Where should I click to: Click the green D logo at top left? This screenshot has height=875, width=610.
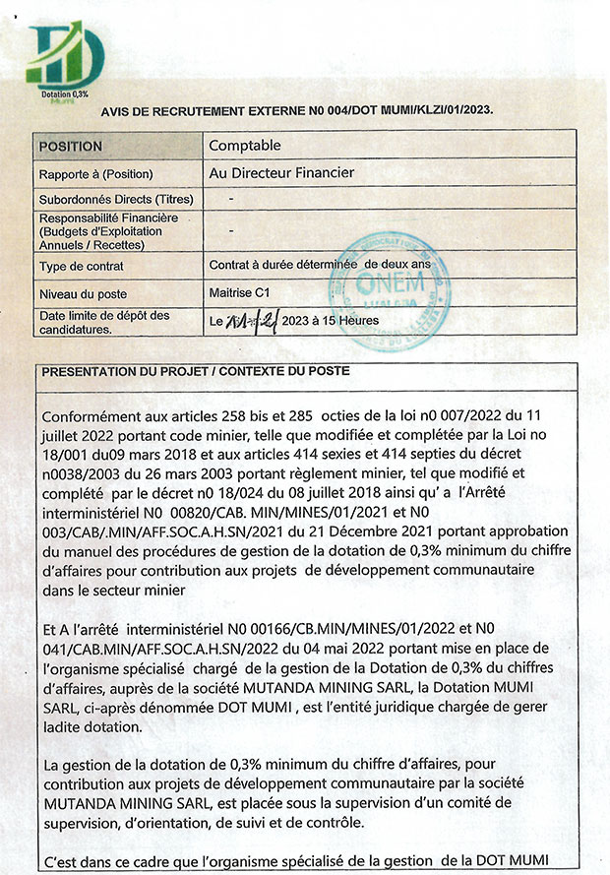click(64, 57)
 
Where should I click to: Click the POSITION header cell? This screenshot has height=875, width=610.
click(70, 147)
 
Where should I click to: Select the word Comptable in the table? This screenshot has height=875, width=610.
click(245, 146)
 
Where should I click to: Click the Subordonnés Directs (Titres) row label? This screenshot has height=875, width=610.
click(115, 200)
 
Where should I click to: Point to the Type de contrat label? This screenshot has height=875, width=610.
click(81, 266)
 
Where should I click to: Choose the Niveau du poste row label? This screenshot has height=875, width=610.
click(83, 293)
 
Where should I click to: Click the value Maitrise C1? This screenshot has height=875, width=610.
click(239, 292)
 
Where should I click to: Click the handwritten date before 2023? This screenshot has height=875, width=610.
click(251, 321)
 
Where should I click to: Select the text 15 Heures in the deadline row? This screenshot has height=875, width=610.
click(348, 321)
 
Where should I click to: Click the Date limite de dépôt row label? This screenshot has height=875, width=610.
click(103, 321)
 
